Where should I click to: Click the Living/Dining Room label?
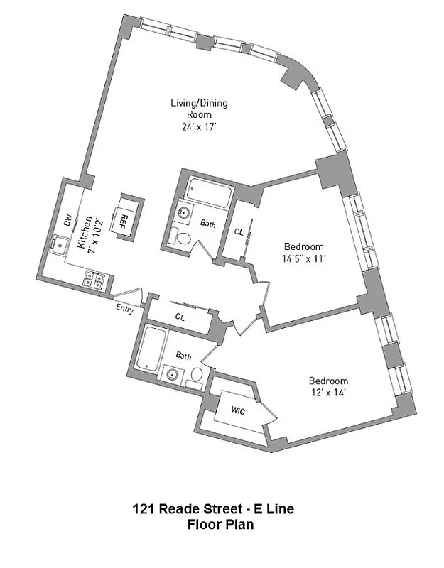click(198, 109)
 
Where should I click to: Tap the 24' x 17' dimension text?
click(198, 128)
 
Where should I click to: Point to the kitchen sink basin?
click(56, 244)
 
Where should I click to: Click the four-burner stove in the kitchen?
click(94, 280)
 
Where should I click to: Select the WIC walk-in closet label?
click(239, 410)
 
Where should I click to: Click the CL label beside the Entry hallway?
click(180, 317)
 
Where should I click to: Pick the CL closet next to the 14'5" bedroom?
click(239, 231)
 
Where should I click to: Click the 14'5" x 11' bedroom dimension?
click(304, 259)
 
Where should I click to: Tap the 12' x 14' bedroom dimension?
click(327, 392)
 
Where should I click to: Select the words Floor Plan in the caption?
click(220, 525)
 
